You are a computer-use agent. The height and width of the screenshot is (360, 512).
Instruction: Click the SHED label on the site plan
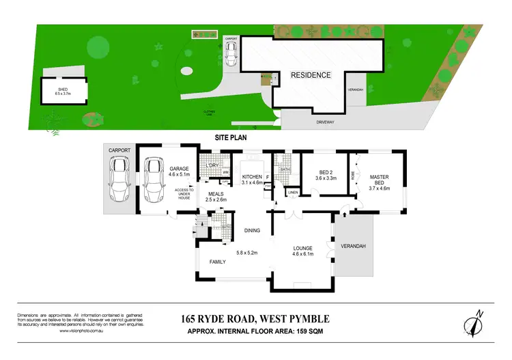62,89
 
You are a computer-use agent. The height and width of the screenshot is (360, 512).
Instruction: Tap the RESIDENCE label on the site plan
311,75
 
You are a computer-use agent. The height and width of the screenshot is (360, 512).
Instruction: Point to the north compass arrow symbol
477,321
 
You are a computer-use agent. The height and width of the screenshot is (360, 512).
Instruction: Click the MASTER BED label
379,179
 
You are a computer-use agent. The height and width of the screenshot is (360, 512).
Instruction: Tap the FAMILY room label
218,262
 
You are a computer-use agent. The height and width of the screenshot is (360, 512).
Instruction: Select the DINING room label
253,230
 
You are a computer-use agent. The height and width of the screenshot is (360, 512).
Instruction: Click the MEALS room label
216,193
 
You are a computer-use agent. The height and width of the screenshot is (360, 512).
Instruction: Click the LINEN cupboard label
293,193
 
